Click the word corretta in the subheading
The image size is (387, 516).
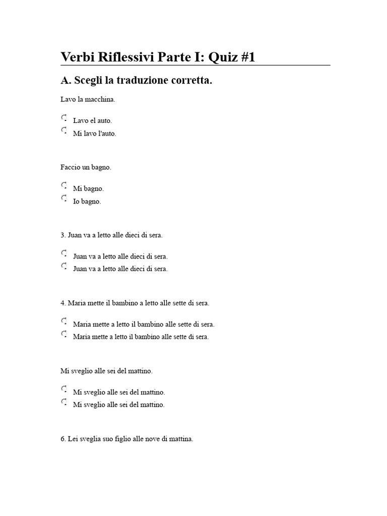(x=192, y=81)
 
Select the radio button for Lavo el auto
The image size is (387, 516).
(x=64, y=118)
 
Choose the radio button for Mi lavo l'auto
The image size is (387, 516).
(x=64, y=131)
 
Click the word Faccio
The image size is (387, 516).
(x=70, y=167)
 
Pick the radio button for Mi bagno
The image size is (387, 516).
(x=64, y=186)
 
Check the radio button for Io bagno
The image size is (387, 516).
(x=64, y=199)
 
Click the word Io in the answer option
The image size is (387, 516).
(x=77, y=201)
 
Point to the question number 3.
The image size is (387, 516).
(x=63, y=235)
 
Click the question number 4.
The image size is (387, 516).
(x=63, y=303)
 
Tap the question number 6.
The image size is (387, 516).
(x=63, y=439)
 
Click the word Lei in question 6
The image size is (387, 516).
(x=73, y=439)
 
